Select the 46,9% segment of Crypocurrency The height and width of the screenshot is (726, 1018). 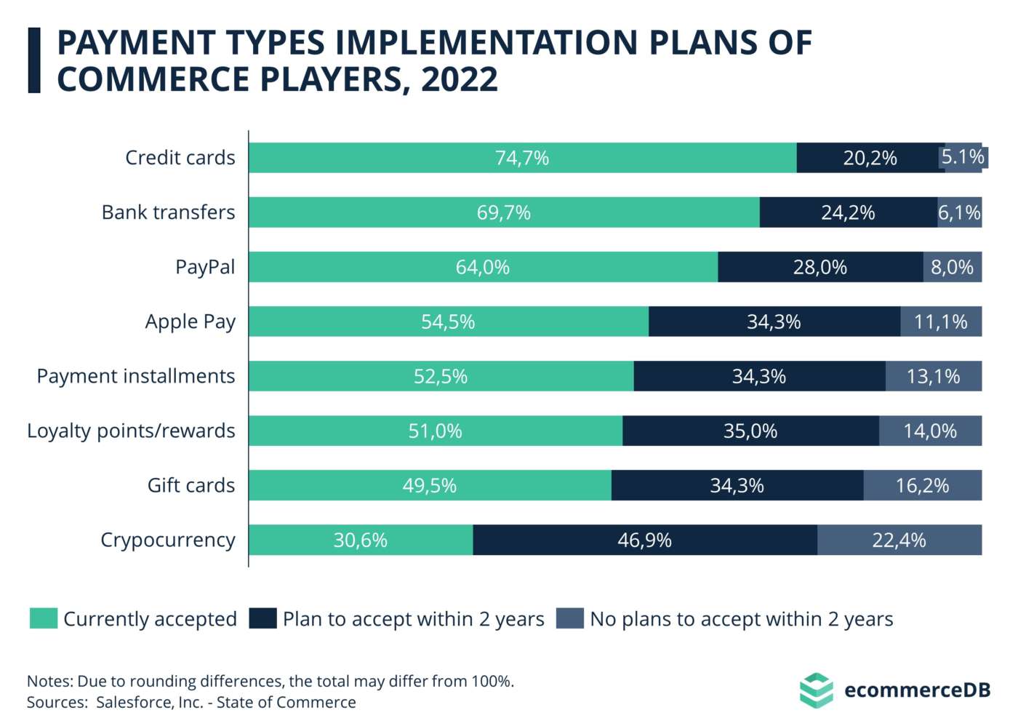click(644, 540)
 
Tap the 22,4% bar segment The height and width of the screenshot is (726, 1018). click(899, 540)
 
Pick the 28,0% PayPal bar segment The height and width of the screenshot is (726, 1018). click(820, 267)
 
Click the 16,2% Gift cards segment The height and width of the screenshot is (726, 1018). click(922, 485)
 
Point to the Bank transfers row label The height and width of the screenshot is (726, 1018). click(168, 212)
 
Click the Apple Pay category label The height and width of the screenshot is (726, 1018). click(190, 322)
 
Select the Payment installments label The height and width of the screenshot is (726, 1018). click(136, 376)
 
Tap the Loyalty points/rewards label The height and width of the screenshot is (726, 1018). click(131, 431)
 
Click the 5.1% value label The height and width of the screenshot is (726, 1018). click(963, 157)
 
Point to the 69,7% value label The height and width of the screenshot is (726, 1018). click(503, 212)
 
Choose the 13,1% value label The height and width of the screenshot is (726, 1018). click(933, 376)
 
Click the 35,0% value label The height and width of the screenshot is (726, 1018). click(750, 431)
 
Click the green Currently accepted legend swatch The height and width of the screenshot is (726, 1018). click(44, 618)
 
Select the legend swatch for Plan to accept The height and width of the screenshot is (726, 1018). click(262, 618)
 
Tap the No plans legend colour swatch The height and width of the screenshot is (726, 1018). click(569, 618)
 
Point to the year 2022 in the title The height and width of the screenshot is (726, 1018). click(460, 79)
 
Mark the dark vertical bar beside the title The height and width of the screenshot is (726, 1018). click(34, 60)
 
